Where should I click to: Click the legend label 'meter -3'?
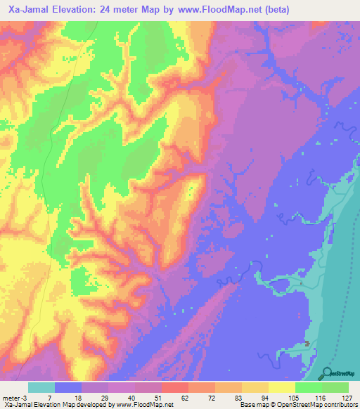[x=15, y=398]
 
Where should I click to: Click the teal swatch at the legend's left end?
[x=41, y=387]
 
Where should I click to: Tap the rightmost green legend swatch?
[x=335, y=387]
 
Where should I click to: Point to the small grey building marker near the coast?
[x=308, y=344]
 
